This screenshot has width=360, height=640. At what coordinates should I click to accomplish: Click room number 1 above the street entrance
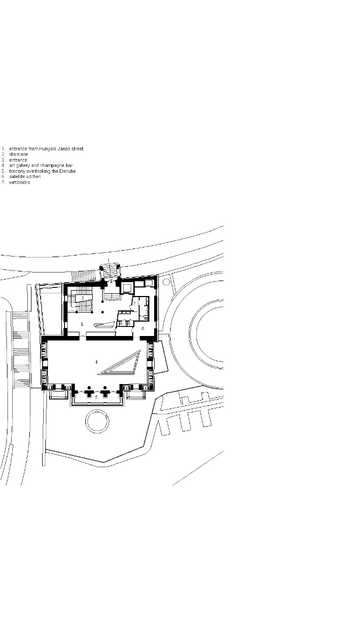point(109,260)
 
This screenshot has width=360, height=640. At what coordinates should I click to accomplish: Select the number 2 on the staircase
point(83,298)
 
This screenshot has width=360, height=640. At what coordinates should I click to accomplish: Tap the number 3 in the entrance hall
point(82,324)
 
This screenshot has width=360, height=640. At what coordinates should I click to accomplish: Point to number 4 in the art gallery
point(97,362)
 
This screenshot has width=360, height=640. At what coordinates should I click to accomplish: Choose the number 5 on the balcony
point(96,397)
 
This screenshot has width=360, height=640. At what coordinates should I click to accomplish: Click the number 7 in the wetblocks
point(134,303)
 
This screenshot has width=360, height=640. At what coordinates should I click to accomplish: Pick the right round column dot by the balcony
point(105,387)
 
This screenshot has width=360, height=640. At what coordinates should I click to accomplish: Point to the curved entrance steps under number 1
point(109,271)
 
